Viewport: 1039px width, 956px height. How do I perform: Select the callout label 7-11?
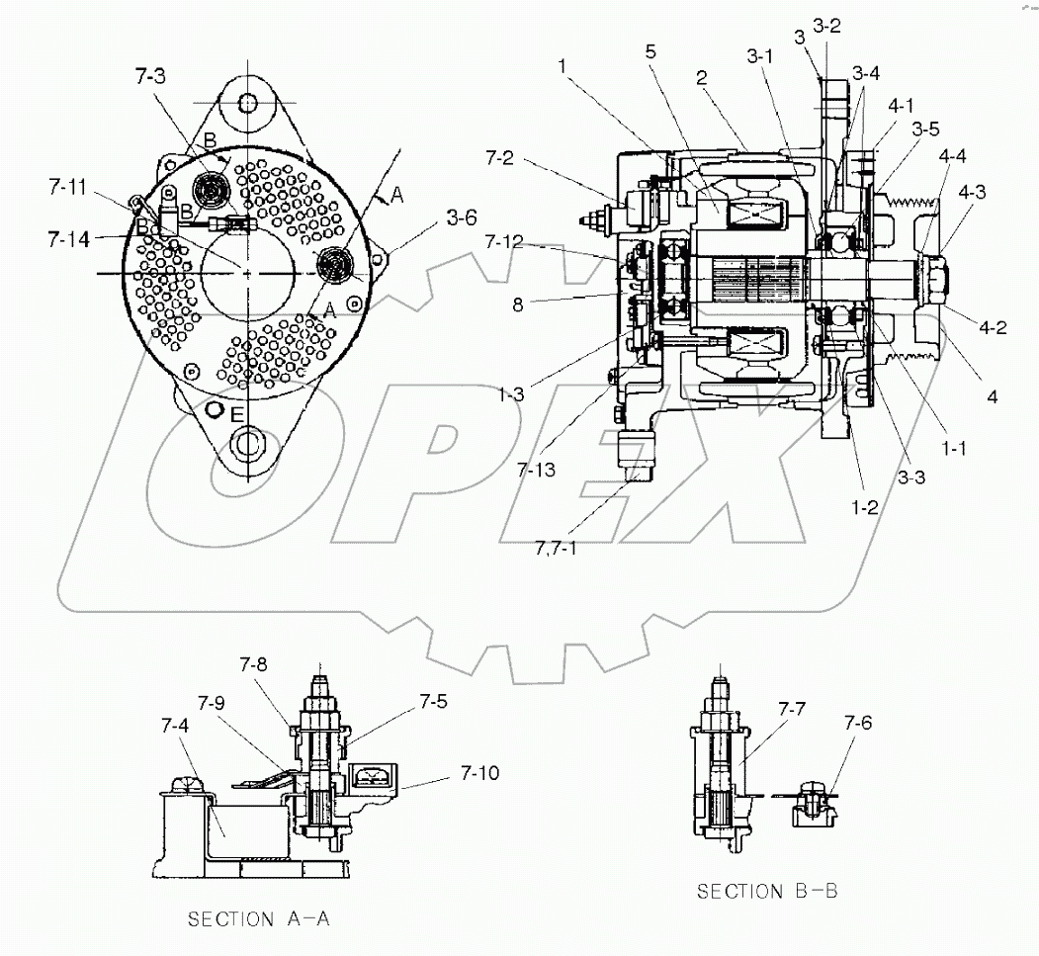[x=68, y=185]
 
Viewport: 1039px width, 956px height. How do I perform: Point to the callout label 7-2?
[x=504, y=156]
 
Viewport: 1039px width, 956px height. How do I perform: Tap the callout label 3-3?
[x=911, y=478]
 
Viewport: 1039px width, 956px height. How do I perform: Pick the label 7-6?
[x=859, y=723]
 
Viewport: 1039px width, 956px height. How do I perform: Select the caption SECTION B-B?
[x=767, y=891]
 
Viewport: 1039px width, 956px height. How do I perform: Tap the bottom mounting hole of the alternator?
[x=246, y=441]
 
